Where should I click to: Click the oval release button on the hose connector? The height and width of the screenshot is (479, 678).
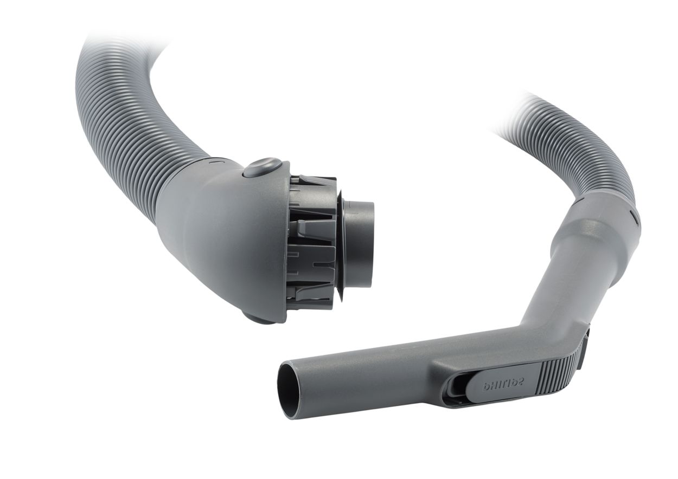tap(262, 167)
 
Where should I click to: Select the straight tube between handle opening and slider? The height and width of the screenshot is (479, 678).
tap(369, 379)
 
